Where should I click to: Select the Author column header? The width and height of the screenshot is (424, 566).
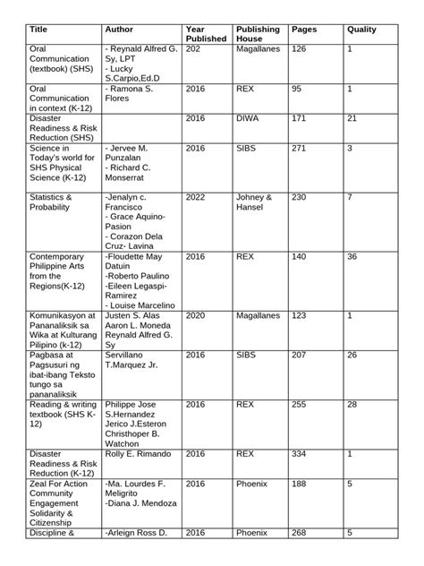pos(119,30)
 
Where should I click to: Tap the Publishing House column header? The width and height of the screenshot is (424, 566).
pos(258,35)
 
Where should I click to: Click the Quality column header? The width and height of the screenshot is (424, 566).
pos(361,30)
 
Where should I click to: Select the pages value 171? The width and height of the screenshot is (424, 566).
pos(301,117)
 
